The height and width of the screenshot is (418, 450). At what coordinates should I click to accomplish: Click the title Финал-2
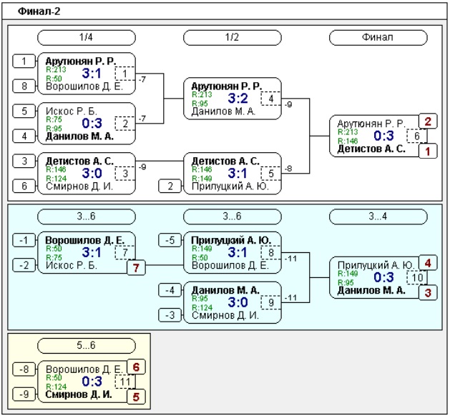tap(39, 11)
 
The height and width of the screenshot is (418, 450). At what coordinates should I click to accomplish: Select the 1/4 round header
tap(87, 38)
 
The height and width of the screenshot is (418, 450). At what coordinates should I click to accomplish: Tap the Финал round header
tap(378, 38)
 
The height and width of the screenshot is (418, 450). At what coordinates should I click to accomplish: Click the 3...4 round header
tap(378, 217)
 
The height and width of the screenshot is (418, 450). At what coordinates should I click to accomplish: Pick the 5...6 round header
tap(87, 345)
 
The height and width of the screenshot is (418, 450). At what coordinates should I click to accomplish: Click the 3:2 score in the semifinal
tap(238, 99)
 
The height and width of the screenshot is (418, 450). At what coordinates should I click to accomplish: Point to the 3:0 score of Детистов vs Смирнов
tap(92, 173)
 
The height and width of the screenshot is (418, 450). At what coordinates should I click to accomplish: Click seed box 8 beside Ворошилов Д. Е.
tap(24, 86)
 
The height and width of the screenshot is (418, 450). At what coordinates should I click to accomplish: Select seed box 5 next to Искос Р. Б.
tap(24, 111)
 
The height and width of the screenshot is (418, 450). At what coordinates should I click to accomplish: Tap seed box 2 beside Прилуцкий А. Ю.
tap(170, 186)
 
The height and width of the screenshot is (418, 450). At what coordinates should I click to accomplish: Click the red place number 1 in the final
tap(428, 151)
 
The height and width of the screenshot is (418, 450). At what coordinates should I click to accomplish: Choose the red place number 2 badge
tap(428, 121)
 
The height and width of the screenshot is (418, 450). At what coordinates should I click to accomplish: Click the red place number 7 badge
tap(136, 268)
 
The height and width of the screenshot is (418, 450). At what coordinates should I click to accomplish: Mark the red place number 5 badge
tap(136, 397)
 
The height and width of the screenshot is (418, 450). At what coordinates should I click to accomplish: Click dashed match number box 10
tap(417, 277)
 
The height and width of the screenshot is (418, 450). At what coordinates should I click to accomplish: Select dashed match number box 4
tap(271, 99)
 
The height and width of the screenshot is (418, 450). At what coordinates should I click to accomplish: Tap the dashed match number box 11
tap(125, 382)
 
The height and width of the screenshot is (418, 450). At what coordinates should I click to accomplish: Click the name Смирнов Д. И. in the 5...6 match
tap(79, 394)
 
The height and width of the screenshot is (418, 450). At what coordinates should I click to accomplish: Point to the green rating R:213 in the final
tap(348, 132)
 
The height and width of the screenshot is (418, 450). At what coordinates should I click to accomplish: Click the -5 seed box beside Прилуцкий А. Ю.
tap(170, 240)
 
